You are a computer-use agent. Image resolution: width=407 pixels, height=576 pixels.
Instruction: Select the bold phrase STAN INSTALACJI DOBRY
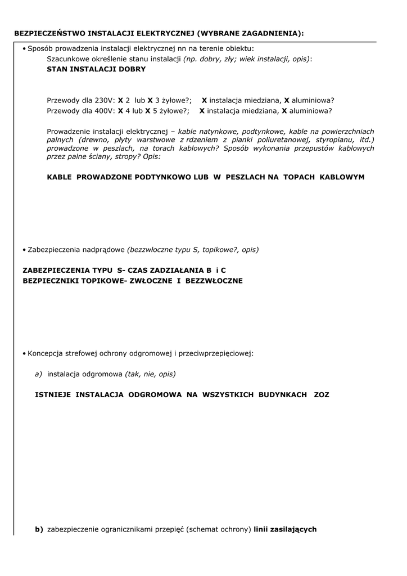tap(96, 69)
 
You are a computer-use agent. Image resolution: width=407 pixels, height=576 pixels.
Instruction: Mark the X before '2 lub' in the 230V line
tap(120, 100)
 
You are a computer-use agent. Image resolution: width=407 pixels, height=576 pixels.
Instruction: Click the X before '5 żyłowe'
tap(148, 111)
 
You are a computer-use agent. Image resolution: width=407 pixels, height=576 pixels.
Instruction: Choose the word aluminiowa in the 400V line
tap(310, 111)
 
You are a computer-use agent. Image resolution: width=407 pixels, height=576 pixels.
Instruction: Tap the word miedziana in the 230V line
tap(261, 100)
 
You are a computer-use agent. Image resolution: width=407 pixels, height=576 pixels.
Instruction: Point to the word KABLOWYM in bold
tap(342, 177)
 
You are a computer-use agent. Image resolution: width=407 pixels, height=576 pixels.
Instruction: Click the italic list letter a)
tap(39, 373)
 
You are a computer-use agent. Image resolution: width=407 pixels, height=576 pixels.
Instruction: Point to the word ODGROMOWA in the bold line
tap(155, 395)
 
